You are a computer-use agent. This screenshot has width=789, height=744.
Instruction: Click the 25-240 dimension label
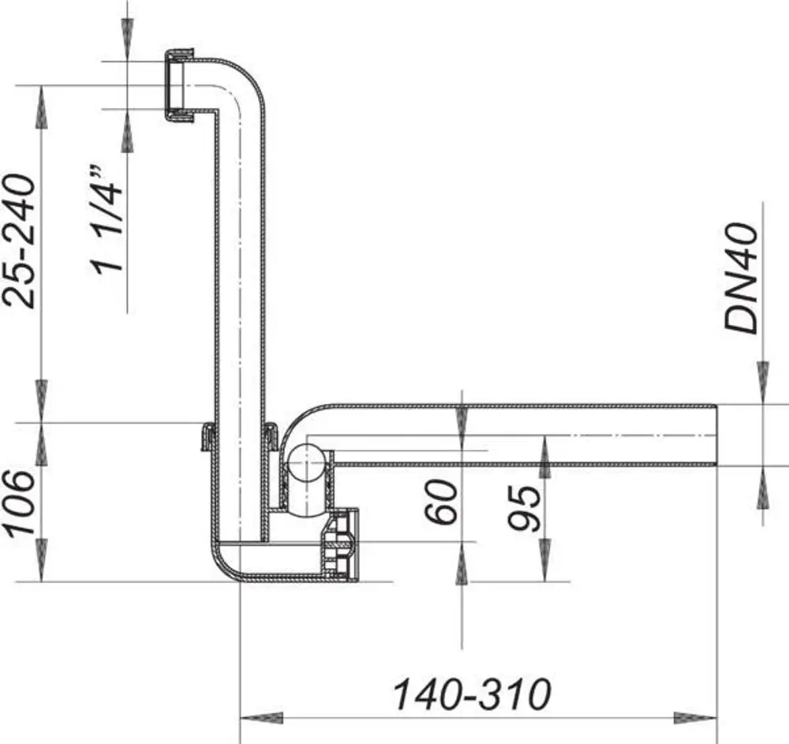[x=21, y=241]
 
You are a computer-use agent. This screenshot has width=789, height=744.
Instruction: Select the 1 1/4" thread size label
[x=106, y=219]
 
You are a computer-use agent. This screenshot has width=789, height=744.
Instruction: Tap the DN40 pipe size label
[x=741, y=279]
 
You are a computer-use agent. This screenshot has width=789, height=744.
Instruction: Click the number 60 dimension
[x=441, y=502]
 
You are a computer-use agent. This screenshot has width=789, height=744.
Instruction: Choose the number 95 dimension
[x=525, y=508]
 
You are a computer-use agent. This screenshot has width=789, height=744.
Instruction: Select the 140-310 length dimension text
[x=472, y=695]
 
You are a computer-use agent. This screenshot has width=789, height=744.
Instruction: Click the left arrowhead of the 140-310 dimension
[x=261, y=718]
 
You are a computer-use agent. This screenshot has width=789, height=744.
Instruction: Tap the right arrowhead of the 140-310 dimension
[x=695, y=718]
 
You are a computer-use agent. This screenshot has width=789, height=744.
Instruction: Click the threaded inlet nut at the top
[x=179, y=85]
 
